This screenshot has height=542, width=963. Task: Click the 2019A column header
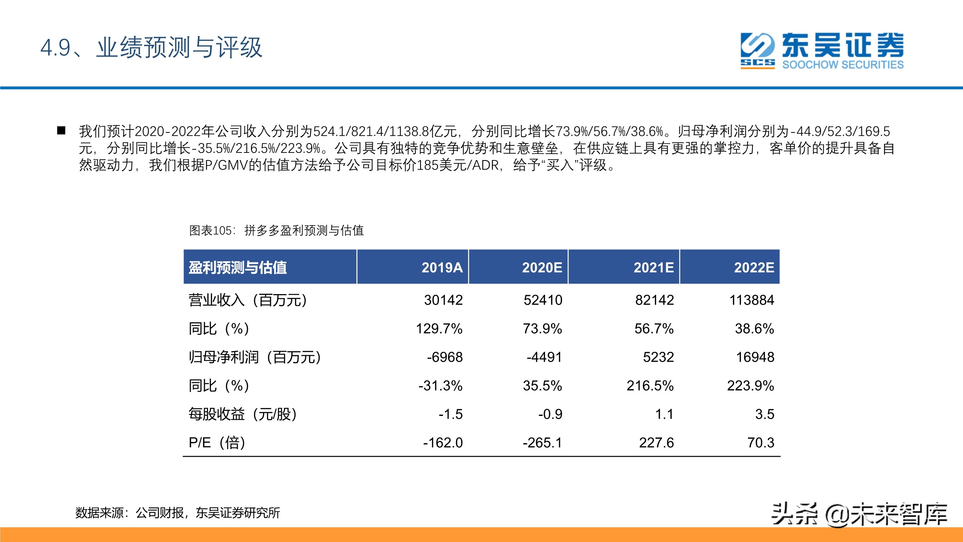442,267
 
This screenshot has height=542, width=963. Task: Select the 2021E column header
653,267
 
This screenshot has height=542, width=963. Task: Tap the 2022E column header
754,267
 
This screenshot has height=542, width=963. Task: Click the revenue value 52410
543,300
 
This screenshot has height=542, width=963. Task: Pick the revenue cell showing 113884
752,300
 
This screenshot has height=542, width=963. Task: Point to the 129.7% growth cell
439,329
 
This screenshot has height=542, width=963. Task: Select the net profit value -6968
445,357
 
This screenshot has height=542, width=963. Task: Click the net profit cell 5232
658,357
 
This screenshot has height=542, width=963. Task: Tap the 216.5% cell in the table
650,386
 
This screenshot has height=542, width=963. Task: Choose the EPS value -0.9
550,414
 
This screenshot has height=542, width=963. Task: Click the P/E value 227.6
656,443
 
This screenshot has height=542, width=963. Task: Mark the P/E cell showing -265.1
543,443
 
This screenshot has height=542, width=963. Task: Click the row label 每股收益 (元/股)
243,414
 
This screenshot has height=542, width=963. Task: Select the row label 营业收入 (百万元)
248,300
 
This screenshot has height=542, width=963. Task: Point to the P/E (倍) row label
217,443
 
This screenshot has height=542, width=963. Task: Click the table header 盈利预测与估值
238,267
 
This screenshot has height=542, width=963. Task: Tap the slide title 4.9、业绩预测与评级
151,47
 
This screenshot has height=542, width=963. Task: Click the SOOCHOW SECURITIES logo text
843,65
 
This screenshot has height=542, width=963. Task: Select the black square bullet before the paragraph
61,130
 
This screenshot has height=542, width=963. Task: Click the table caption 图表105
211,231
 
